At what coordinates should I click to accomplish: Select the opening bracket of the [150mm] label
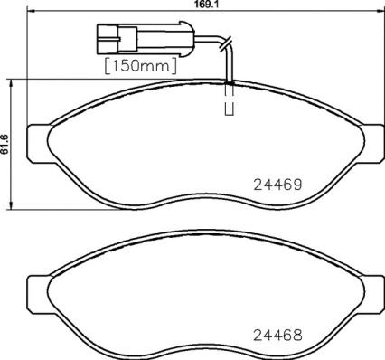point(108,65)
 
